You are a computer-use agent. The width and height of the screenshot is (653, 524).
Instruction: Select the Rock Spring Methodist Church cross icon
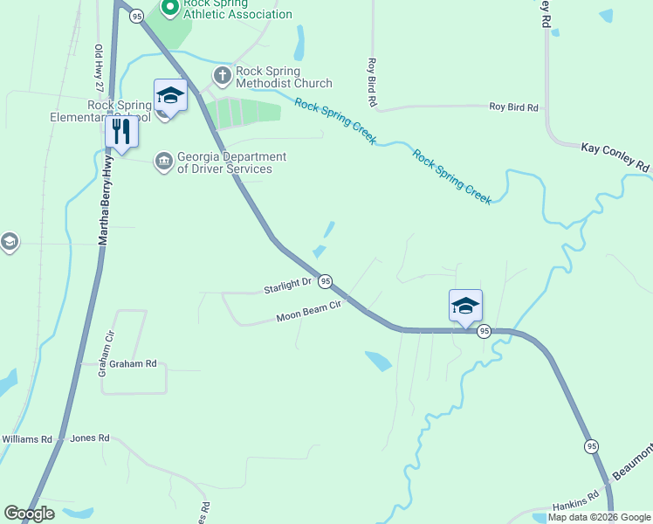(223, 76)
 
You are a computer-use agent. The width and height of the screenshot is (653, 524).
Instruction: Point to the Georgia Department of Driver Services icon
(163, 162)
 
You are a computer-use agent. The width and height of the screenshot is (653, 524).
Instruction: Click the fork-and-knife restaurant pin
(121, 132)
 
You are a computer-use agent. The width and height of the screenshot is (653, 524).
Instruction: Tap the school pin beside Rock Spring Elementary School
(170, 95)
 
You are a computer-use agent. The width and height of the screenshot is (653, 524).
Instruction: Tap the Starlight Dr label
(288, 285)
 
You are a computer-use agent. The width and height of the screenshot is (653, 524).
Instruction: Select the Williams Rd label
(27, 438)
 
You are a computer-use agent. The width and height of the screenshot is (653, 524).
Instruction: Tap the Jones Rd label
(90, 438)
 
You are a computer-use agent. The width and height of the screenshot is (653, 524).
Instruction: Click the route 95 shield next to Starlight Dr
(325, 281)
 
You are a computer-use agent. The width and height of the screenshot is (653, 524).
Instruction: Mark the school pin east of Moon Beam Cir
(465, 306)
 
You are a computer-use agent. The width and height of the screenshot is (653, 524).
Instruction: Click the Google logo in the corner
(29, 514)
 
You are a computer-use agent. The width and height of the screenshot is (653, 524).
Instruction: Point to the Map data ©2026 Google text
(599, 517)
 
